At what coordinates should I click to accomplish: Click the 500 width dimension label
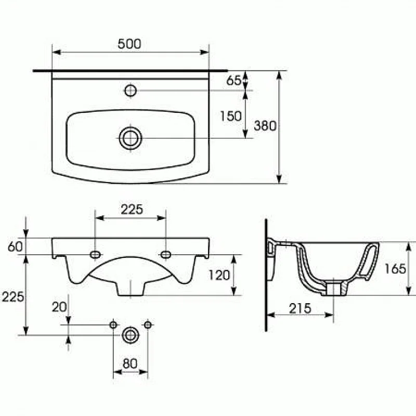pyautogui.click(x=129, y=44)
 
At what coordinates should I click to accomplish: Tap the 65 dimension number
pyautogui.click(x=234, y=81)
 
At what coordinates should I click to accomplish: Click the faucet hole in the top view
pyautogui.click(x=131, y=91)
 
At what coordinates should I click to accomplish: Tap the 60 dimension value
pyautogui.click(x=16, y=246)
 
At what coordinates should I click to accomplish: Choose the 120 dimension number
pyautogui.click(x=219, y=275)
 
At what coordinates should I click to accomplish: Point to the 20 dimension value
pyautogui.click(x=59, y=307)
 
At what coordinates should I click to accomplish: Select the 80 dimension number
pyautogui.click(x=130, y=363)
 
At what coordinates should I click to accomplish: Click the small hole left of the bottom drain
pyautogui.click(x=113, y=325)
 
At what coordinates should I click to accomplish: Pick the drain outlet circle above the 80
pyautogui.click(x=130, y=334)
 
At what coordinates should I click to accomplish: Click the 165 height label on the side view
pyautogui.click(x=395, y=269)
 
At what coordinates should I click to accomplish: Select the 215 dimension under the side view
pyautogui.click(x=300, y=308)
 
